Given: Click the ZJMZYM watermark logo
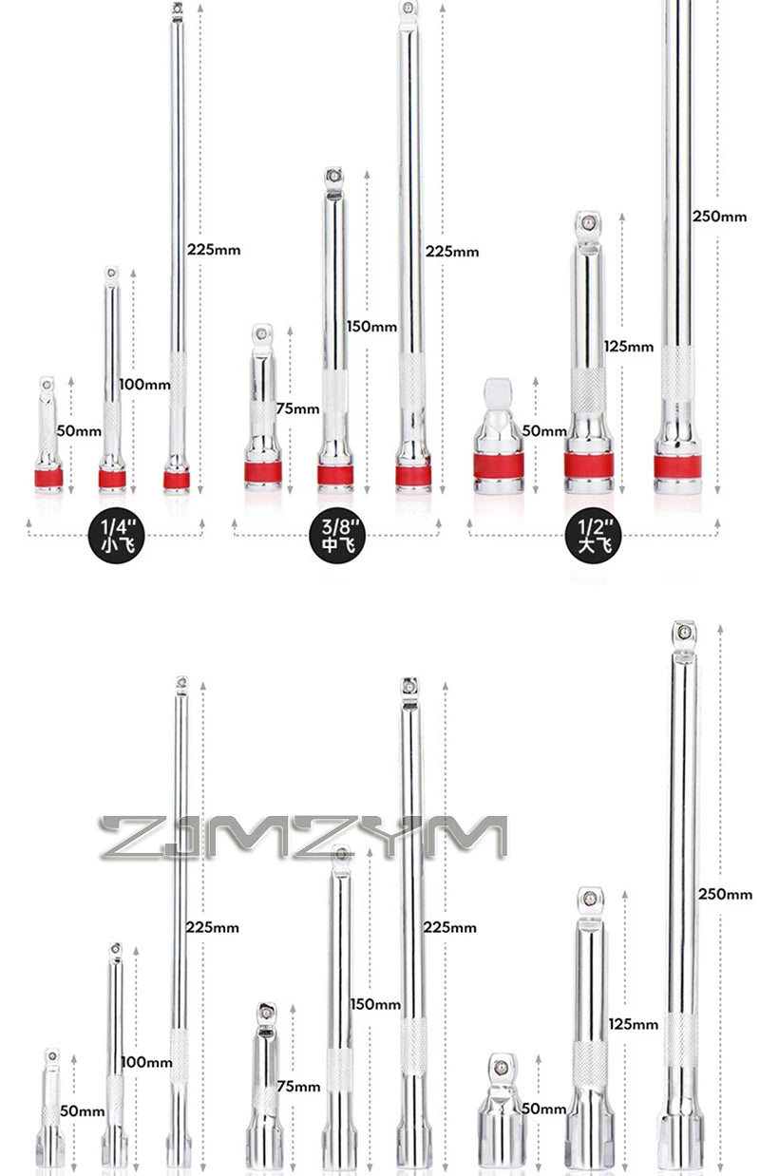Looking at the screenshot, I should click(x=303, y=837).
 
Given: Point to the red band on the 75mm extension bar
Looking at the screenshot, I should click(x=261, y=472).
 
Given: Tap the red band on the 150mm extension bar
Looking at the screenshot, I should click(x=335, y=475).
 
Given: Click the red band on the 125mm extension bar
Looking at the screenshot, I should click(x=588, y=465).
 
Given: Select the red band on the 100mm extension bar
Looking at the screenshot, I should click(x=112, y=479).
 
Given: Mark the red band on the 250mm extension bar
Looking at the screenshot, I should click(x=677, y=466).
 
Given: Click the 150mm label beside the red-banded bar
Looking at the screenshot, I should click(x=370, y=327).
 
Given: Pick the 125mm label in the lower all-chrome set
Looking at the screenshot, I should click(x=632, y=1024).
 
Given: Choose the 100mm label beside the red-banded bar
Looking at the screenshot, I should click(x=144, y=385).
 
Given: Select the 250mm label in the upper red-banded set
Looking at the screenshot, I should click(x=719, y=217).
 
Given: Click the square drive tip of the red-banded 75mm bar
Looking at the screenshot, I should click(x=262, y=333).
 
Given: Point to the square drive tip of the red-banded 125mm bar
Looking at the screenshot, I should click(x=588, y=224).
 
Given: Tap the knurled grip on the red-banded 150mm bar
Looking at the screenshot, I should click(x=334, y=390).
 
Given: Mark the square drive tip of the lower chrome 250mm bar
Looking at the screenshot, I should click(x=683, y=632).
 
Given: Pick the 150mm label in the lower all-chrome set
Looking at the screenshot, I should click(x=374, y=1004).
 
